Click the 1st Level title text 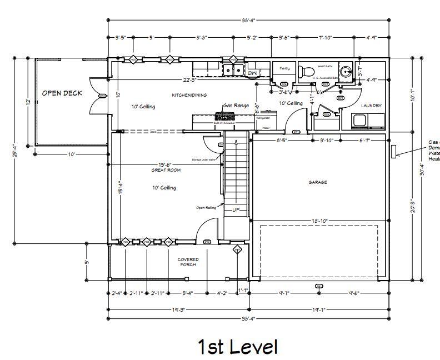237,347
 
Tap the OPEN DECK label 62,93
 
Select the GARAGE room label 318,182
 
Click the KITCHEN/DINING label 189,95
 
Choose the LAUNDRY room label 371,106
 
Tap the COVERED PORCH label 188,262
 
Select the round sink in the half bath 346,71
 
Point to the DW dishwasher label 252,73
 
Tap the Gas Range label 236,105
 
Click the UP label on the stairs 236,210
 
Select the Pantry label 284,68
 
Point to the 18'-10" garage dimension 319,221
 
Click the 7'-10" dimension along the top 325,38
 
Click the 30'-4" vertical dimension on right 422,172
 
